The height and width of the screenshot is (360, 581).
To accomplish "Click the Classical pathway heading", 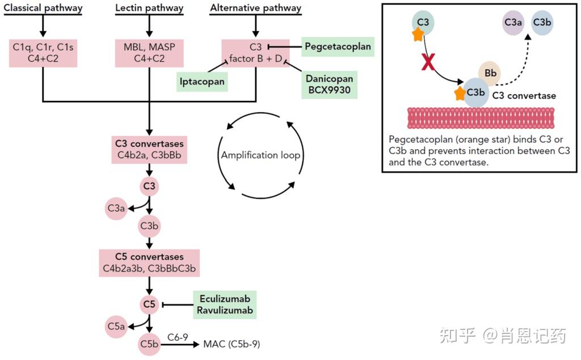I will pos(43,8).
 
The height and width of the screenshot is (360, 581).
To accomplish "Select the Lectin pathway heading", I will pos(149,8).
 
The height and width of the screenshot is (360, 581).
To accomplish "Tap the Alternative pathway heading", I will pos(255,8).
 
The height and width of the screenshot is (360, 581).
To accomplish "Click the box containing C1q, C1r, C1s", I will pos(43,53).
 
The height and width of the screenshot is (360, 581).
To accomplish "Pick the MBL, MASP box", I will pos(149,53).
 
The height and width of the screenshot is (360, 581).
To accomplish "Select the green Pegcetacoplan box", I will pos(338,46).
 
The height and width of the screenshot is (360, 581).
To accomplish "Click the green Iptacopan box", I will pos(203,81).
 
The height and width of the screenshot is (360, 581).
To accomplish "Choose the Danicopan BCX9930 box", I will pos(329,84).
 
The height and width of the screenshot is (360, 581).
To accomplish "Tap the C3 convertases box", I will pos(149,149).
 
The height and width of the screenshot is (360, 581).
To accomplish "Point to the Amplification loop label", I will pos(260,155).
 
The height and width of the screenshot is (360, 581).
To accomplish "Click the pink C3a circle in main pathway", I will pos(116,209).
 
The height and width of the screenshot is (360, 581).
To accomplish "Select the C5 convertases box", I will pos(149,262).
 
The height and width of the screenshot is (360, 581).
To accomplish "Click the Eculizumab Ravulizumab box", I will pos(224,304).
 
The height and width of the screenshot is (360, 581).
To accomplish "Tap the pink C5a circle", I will pos(116,326).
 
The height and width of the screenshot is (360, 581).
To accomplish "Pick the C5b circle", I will pos(150,344).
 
